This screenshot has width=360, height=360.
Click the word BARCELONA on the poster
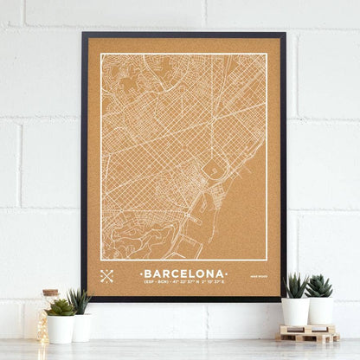pyautogui.click(x=183, y=272)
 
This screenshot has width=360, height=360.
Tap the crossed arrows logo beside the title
pyautogui.click(x=106, y=276)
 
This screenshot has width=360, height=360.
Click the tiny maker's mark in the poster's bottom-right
pyautogui.click(x=258, y=276)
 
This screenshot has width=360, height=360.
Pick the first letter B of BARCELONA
pyautogui.click(x=147, y=272)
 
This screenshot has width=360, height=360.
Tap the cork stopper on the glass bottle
pyautogui.click(x=50, y=293)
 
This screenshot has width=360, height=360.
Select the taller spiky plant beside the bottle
pyautogui.click(x=80, y=301)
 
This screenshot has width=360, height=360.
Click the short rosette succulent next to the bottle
pyautogui.click(x=61, y=307)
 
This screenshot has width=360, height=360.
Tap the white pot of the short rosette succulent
pyautogui.click(x=61, y=329)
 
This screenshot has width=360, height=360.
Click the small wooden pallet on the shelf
pyautogui.click(x=308, y=334)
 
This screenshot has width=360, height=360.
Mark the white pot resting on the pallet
pyautogui.click(x=319, y=311)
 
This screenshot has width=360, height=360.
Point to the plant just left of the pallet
pyautogui.click(x=295, y=286)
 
